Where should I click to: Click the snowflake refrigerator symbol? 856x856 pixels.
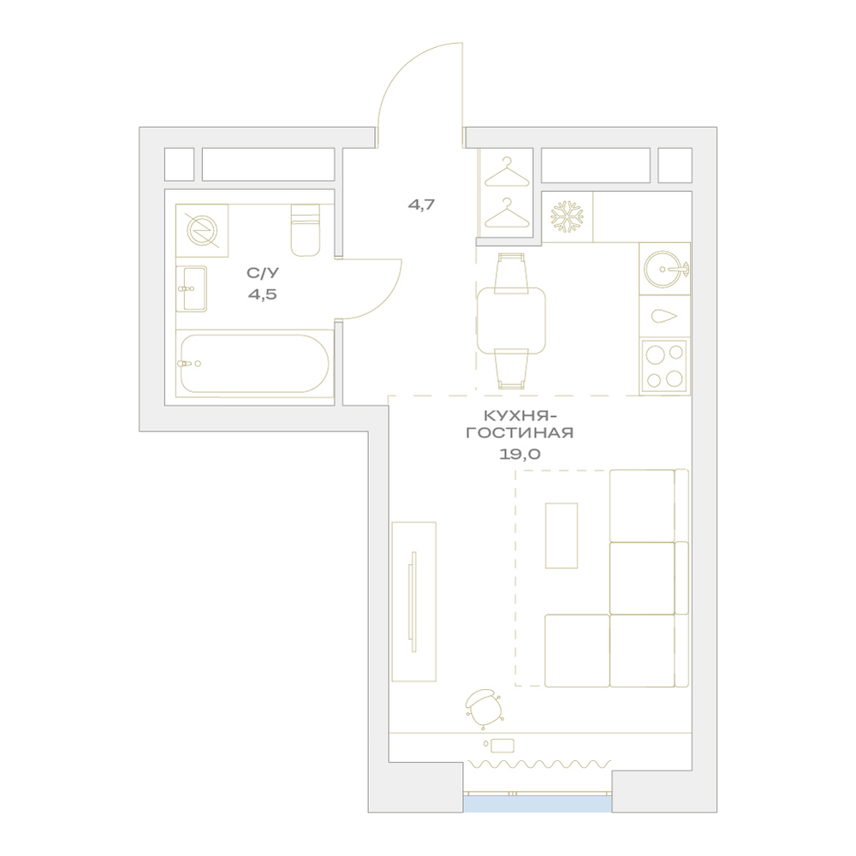tap(567, 217)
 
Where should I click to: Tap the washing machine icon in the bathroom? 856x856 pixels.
tap(202, 230)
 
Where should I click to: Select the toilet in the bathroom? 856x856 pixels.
tap(306, 229)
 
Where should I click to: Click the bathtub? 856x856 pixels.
tap(254, 363)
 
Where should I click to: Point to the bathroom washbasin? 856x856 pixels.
tap(191, 288)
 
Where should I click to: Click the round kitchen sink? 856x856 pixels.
tap(665, 269)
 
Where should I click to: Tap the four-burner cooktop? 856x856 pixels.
tap(664, 366)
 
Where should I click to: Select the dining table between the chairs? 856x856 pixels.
tap(511, 321)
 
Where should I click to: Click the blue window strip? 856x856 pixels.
tap(538, 804)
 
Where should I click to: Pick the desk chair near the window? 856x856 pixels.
tap(484, 708)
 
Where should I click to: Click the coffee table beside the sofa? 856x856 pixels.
tap(562, 536)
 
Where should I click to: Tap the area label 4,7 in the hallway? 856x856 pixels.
tap(421, 205)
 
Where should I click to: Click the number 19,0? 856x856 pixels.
tap(520, 454)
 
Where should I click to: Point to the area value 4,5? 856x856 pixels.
tap(263, 294)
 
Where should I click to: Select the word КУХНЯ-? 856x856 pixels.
tap(520, 416)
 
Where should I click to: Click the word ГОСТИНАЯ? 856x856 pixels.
tap(520, 433)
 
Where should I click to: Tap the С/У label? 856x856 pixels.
tap(263, 272)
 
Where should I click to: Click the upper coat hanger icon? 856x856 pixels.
tap(507, 171)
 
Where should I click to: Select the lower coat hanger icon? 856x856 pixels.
tap(507, 213)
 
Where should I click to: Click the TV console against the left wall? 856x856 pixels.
tap(413, 602)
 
